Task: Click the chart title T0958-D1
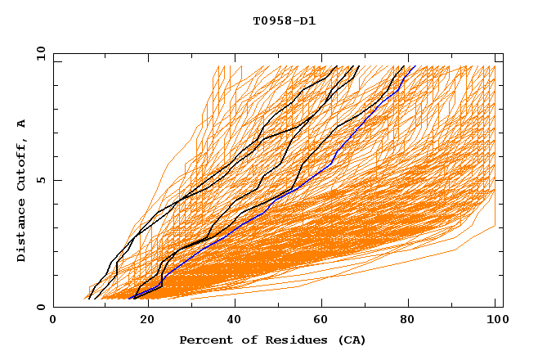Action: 284,20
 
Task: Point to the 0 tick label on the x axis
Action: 53,322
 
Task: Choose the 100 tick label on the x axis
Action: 495,322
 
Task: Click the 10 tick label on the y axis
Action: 40,53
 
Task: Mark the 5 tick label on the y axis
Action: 40,180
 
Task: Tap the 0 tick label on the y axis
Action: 40,307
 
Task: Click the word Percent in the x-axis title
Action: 204,340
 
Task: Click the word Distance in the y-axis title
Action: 21,232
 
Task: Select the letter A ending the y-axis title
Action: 21,124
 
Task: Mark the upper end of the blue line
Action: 415,66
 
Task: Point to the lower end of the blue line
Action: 135,297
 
